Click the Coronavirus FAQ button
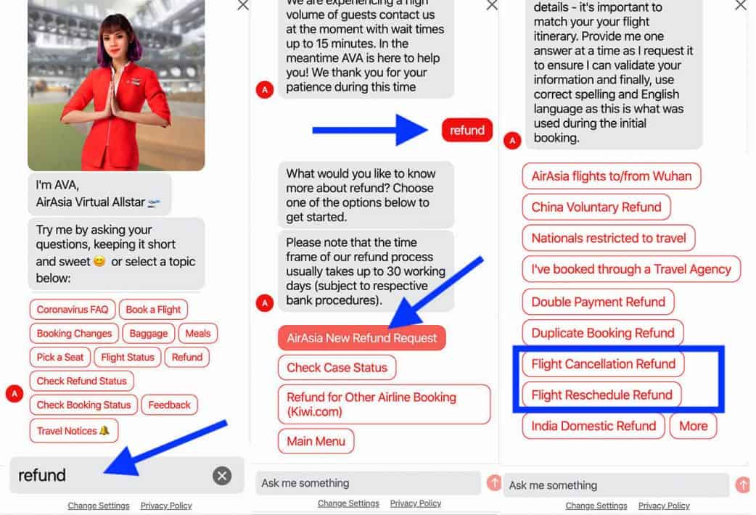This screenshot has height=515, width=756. [x=73, y=310]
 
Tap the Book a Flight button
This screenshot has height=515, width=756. [x=153, y=310]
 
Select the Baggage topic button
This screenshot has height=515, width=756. [x=149, y=333]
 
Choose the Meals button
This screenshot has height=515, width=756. [x=197, y=333]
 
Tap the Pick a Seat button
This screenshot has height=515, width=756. [x=59, y=358]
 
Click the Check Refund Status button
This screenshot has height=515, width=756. [x=81, y=381]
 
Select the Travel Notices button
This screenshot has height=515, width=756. [x=74, y=431]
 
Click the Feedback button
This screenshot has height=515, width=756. [x=169, y=405]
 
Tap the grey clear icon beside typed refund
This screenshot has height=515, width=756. [x=222, y=475]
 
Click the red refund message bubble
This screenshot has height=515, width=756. [x=467, y=130]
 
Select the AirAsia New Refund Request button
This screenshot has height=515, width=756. [x=361, y=338]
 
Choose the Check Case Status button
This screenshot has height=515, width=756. [x=337, y=368]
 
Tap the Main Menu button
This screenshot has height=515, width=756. [x=316, y=441]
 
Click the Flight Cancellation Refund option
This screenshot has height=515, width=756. [x=603, y=364]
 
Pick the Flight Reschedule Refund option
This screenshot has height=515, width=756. [x=601, y=395]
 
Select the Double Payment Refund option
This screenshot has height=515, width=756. [x=599, y=302]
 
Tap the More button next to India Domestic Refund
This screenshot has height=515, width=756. [x=694, y=426]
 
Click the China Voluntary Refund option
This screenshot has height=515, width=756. [x=596, y=207]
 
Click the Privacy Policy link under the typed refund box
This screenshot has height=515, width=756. [x=166, y=506]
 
